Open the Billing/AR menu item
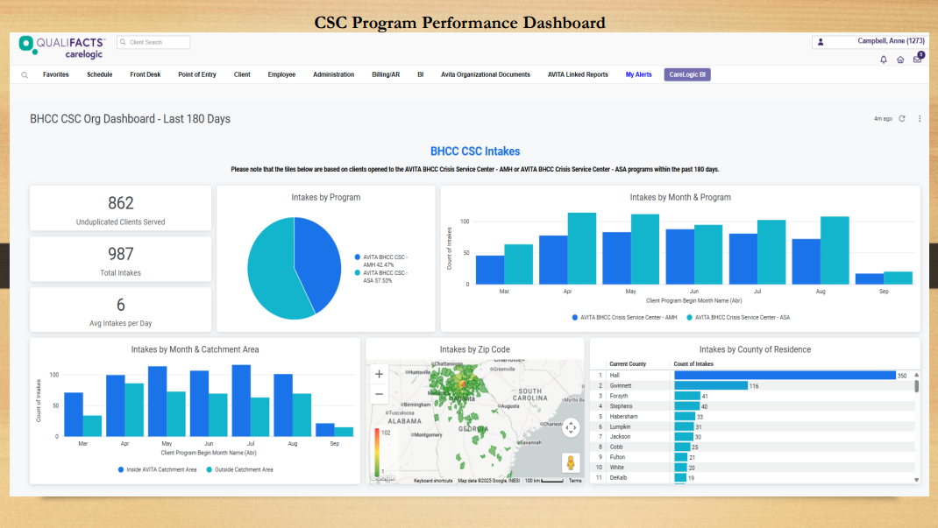[386, 75]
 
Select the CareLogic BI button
[688, 75]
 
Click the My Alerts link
[638, 75]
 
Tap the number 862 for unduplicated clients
[121, 203]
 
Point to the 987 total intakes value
[121, 254]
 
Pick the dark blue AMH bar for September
[869, 278]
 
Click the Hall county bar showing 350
[783, 376]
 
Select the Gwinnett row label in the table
[623, 385]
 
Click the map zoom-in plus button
[379, 374]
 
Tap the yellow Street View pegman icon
[571, 462]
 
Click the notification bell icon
[884, 60]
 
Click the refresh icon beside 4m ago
[902, 118]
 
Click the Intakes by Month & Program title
[680, 198]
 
